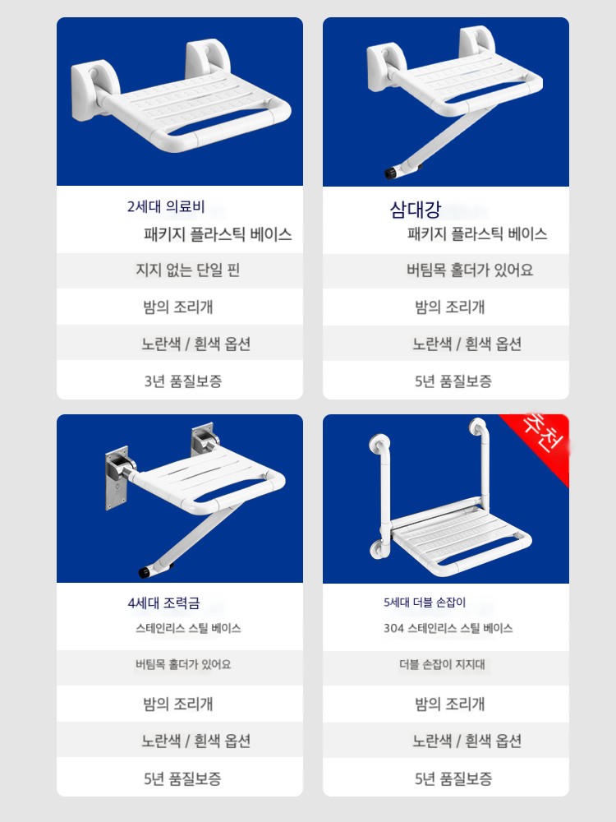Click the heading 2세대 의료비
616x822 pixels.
[x=166, y=206]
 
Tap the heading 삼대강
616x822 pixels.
[x=416, y=210]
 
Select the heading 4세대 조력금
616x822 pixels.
[x=163, y=603]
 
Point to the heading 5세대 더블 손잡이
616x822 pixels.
[x=425, y=603]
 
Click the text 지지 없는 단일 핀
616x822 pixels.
[x=187, y=270]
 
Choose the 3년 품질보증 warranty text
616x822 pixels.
[x=183, y=381]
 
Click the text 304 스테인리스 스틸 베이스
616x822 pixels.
[x=448, y=628]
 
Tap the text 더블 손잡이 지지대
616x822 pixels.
[x=442, y=664]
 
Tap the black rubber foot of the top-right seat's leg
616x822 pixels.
[x=390, y=173]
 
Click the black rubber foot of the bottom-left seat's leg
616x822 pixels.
[x=145, y=571]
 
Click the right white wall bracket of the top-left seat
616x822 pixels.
[x=209, y=58]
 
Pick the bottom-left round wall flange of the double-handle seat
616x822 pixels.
[x=379, y=551]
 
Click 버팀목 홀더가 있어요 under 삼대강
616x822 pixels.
[x=470, y=270]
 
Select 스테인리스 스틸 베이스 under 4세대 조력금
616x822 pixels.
[x=188, y=628]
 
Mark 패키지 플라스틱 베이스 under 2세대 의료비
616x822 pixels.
[x=218, y=233]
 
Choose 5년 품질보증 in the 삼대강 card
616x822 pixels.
[x=453, y=381]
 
